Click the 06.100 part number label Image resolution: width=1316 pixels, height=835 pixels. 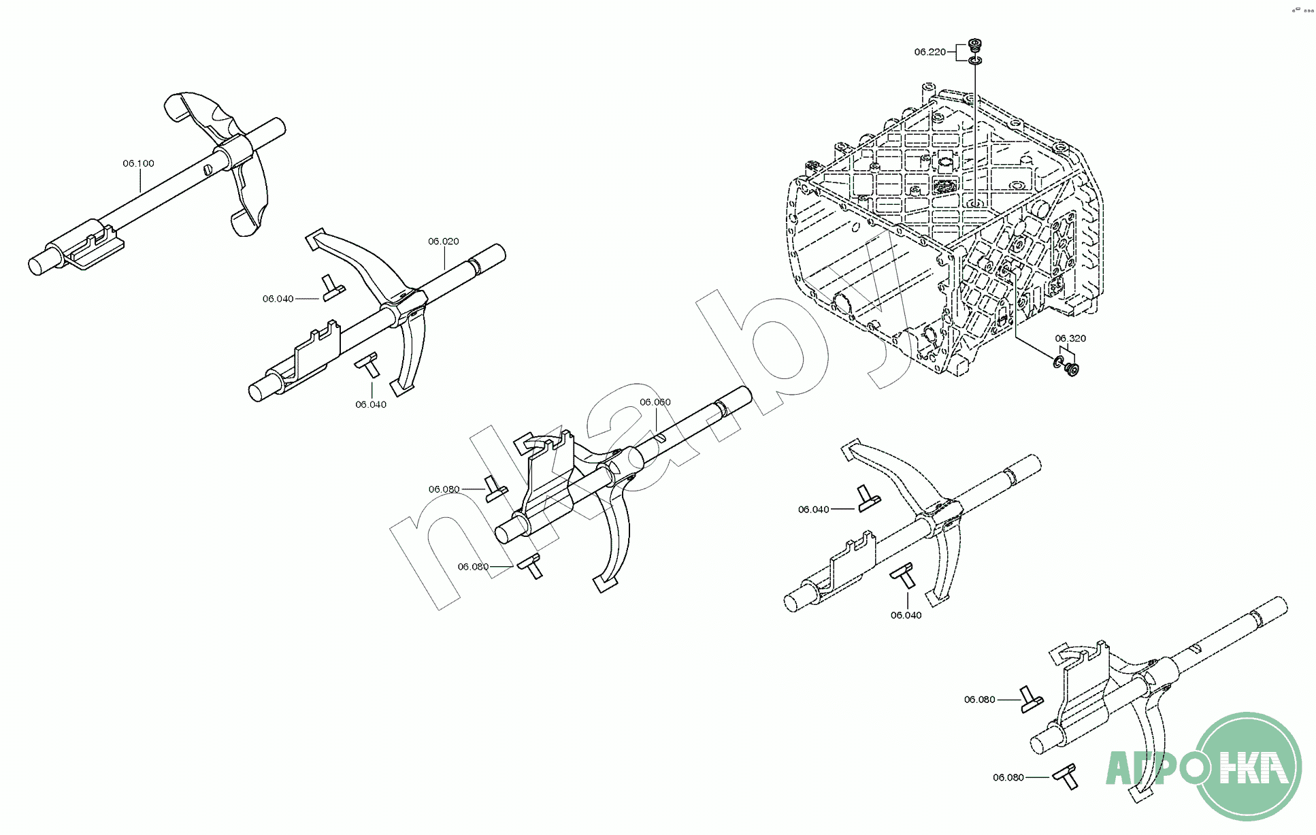point(138,163)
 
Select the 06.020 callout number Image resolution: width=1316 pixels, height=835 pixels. point(443,242)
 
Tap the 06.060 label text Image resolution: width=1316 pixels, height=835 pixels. point(655,402)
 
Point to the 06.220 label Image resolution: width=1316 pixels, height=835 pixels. point(930,52)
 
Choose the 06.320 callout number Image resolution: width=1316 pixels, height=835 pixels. point(1070,338)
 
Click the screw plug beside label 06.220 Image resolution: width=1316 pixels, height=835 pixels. point(976,46)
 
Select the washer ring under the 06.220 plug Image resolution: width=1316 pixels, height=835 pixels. point(976,61)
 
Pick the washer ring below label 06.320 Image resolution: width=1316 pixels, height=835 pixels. point(1059,361)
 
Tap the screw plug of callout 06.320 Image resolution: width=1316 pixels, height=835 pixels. point(1072,370)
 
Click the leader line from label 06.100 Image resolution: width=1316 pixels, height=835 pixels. point(140,181)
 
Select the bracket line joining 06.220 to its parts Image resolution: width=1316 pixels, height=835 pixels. point(957,52)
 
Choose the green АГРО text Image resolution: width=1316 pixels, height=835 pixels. point(1150,768)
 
